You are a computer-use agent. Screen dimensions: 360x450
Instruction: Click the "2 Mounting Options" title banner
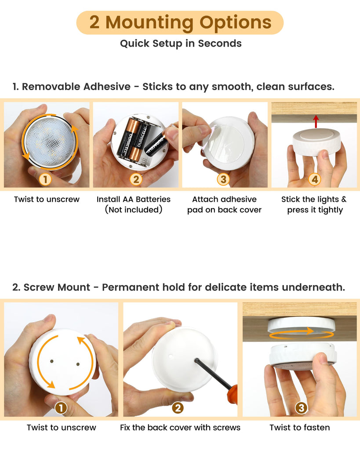point(180,23)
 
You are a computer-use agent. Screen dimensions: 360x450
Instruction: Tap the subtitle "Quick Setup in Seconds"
point(181,44)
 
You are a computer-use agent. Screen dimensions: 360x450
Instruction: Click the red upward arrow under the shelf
point(316,121)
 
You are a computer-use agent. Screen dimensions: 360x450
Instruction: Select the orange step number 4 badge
point(315,179)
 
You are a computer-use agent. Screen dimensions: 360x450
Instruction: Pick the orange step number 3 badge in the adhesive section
point(223,179)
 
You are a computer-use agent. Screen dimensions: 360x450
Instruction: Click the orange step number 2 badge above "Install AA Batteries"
point(136,179)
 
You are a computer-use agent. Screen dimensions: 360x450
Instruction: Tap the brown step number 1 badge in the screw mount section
point(61,408)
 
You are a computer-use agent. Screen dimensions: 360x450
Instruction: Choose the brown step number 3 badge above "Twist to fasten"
point(301,408)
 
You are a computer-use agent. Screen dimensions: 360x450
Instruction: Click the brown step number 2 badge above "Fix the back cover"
point(178,408)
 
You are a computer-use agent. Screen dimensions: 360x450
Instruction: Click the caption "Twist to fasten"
point(300,428)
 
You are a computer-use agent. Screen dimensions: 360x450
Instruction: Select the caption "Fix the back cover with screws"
point(180,428)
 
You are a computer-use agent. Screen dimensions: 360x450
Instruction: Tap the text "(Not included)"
point(134,210)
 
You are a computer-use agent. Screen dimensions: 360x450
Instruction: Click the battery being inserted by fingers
point(156,145)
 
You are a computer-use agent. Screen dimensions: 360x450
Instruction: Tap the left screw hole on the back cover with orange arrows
point(52,361)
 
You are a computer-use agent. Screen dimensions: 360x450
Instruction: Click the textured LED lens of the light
point(50,142)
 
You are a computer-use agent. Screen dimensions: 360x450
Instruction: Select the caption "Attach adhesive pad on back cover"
point(224,204)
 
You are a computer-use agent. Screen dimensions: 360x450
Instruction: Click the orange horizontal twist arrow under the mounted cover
point(301,333)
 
